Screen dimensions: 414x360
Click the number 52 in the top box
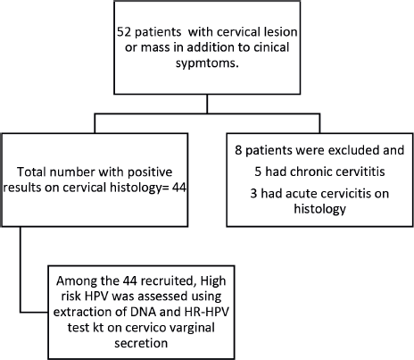pyautogui.click(x=124, y=31)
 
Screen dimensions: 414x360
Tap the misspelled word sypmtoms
pyautogui.click(x=207, y=63)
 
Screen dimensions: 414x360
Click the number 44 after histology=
pyautogui.click(x=179, y=188)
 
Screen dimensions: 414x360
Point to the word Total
pyautogui.click(x=31, y=172)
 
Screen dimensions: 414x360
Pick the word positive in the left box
pyautogui.click(x=150, y=172)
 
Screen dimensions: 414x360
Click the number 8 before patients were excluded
pyautogui.click(x=238, y=150)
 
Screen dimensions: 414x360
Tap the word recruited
pyautogui.click(x=168, y=280)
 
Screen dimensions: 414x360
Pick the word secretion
pyautogui.click(x=141, y=343)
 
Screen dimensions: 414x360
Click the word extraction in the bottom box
pyautogui.click(x=80, y=312)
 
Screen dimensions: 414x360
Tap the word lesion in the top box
pyautogui.click(x=281, y=31)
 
